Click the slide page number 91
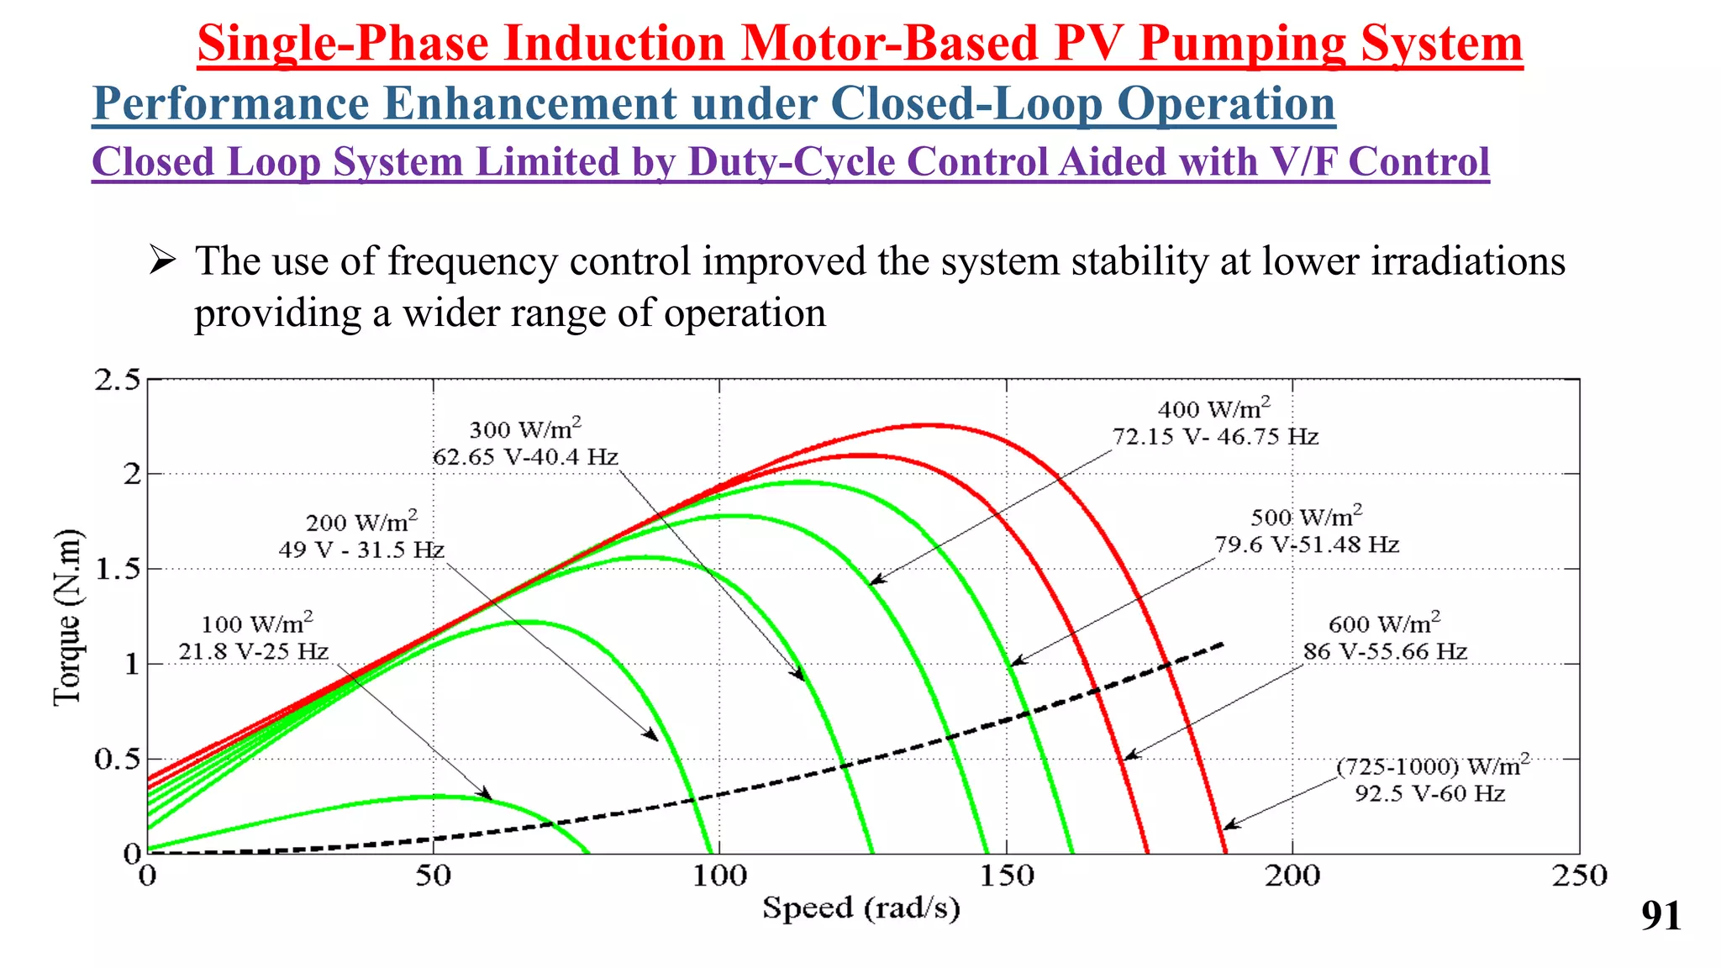click(x=1660, y=916)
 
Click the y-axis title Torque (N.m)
click(x=67, y=618)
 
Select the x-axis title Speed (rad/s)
click(x=860, y=908)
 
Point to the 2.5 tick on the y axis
click(x=117, y=381)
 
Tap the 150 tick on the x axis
click(x=1006, y=876)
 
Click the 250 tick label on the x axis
click(x=1578, y=876)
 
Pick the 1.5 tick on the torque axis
click(x=117, y=570)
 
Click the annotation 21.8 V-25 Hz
click(x=253, y=652)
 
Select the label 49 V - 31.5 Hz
click(x=361, y=550)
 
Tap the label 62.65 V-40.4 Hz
click(x=525, y=457)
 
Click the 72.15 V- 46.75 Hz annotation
click(x=1215, y=437)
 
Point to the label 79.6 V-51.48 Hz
click(x=1307, y=545)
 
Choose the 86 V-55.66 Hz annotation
click(x=1385, y=652)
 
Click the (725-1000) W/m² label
click(x=1433, y=767)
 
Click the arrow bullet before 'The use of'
click(x=161, y=260)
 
